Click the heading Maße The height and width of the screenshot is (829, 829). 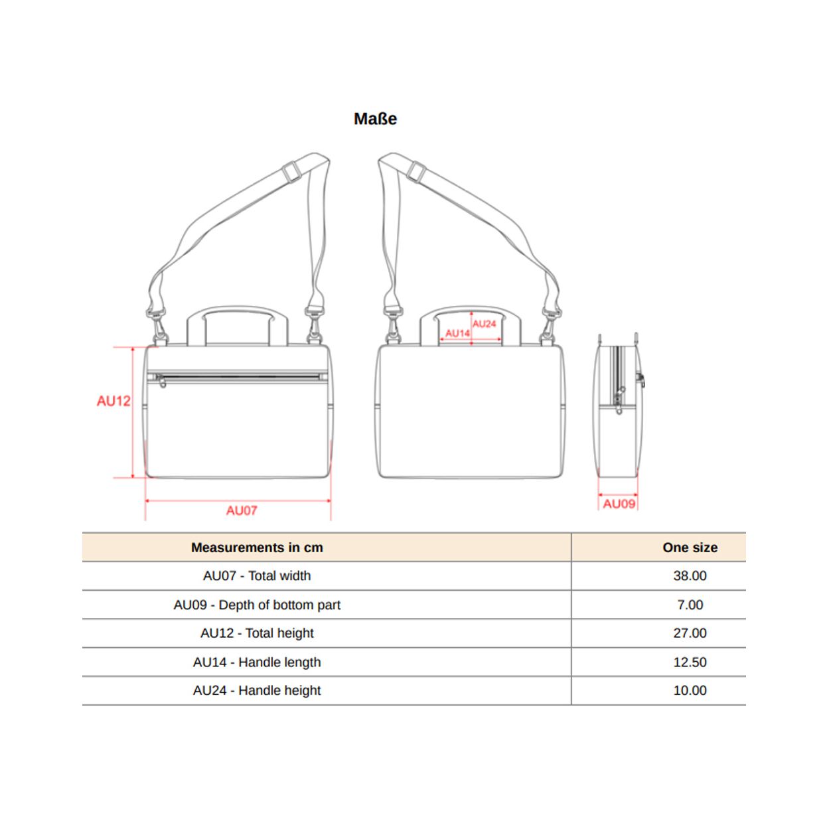375,119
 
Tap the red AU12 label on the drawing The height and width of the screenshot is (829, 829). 113,401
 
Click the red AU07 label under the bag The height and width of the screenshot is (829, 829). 242,510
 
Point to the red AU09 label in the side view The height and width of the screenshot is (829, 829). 619,504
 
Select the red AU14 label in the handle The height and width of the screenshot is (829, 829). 457,333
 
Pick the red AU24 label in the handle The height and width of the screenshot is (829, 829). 485,324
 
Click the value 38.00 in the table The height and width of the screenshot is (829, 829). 690,575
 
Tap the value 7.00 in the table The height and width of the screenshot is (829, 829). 690,605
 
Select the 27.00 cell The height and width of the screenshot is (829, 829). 690,633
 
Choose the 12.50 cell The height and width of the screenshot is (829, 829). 690,662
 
